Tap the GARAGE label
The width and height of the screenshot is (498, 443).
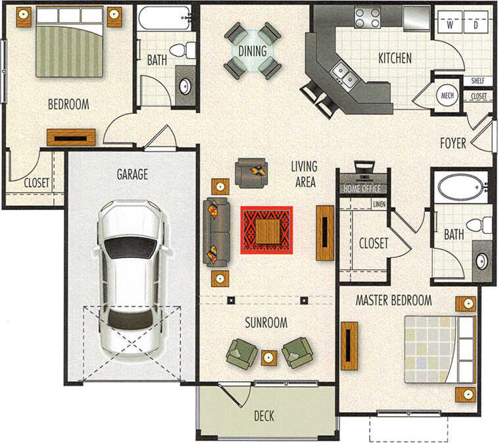(x=132, y=174)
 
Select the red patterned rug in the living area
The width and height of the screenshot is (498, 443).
(x=266, y=230)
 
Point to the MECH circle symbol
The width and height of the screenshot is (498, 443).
(x=448, y=95)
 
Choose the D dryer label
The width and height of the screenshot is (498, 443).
(x=476, y=26)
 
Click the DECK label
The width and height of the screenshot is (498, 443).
(x=264, y=416)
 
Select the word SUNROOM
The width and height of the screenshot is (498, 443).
(x=266, y=323)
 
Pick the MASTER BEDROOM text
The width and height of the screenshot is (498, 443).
(x=393, y=300)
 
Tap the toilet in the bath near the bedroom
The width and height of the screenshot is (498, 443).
(x=184, y=49)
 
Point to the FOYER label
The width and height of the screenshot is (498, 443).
(x=453, y=143)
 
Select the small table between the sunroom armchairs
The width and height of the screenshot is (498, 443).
(x=270, y=357)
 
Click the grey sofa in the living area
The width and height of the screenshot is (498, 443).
(x=216, y=231)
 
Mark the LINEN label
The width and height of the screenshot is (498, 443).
(x=378, y=204)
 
